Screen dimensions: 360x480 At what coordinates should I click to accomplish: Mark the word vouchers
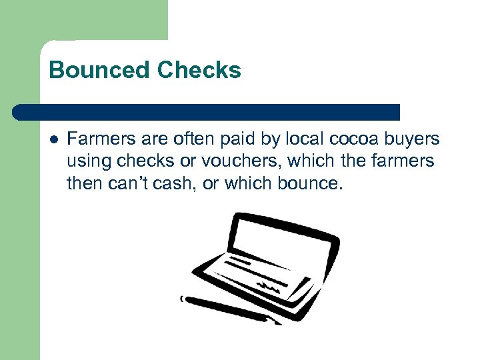pos(233,161)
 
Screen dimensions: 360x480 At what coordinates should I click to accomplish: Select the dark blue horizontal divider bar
pos(207,112)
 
